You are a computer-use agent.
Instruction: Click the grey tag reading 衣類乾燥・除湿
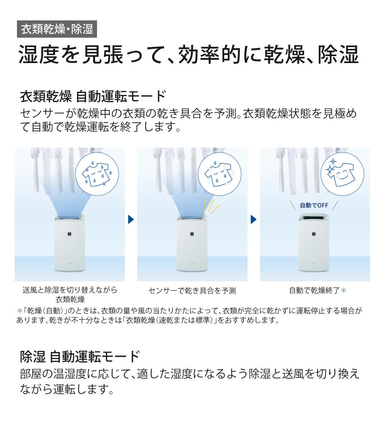(57, 29)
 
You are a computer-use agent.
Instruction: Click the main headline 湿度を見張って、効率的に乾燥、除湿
(189, 55)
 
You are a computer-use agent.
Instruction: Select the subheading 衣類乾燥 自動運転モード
(93, 96)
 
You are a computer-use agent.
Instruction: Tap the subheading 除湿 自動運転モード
(80, 356)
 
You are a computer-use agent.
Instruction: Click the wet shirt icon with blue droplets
(97, 174)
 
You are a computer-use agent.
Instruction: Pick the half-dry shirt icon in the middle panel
(219, 174)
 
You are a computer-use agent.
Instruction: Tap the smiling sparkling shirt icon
(342, 174)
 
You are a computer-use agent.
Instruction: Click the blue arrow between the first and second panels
(131, 220)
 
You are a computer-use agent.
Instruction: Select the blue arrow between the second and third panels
(253, 220)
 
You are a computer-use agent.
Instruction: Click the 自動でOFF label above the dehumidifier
(314, 205)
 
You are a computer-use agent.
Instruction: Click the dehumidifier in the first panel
(70, 243)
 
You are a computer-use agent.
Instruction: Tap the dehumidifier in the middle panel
(192, 243)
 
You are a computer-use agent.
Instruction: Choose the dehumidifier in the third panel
(315, 243)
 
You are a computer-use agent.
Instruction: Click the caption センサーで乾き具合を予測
(192, 291)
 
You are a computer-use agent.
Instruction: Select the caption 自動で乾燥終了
(314, 291)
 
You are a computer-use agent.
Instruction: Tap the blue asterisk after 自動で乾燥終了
(344, 290)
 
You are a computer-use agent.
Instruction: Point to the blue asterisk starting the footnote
(20, 311)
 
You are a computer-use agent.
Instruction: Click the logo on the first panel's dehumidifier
(69, 234)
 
